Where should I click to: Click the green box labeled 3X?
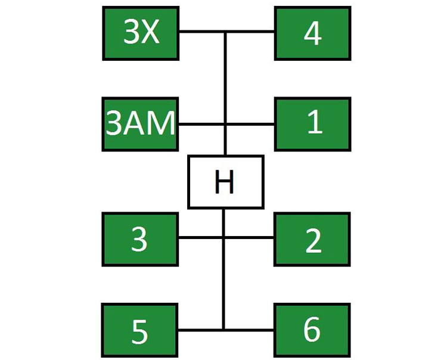141,33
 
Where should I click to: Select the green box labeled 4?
313,33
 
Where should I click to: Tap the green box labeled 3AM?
140,124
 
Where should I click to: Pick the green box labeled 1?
313,124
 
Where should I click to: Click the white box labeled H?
225,182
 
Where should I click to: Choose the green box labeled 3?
140,240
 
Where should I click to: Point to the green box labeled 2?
312,240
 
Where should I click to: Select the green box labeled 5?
139,330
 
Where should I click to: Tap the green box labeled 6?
312,330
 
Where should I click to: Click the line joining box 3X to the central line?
201,32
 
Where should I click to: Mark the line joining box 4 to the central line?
250,32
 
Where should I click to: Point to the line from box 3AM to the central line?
201,124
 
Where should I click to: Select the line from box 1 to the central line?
250,124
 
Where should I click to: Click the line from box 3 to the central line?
200,237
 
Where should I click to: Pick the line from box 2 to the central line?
250,237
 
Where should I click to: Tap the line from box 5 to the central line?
200,330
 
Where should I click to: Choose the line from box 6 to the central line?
250,330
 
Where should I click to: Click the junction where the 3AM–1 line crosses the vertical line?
225,124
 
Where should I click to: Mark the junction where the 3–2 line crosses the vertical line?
223,237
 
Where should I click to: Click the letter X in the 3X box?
150,32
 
